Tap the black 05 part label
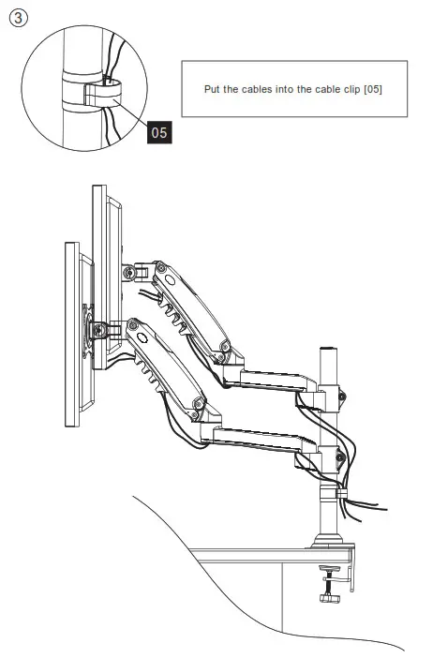coord(159,133)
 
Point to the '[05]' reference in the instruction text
coord(371,89)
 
